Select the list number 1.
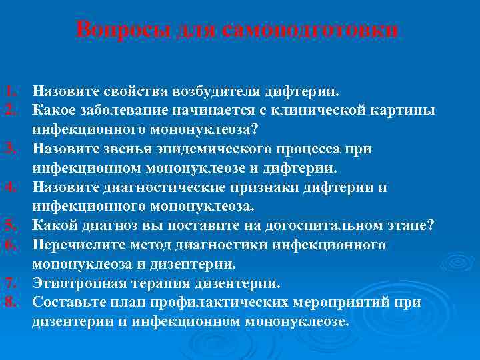(7, 89)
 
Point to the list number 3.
(7, 148)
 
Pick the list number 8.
(7, 303)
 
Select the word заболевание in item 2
(120, 109)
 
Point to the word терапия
(159, 283)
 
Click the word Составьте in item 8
(67, 303)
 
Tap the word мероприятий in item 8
(345, 303)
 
